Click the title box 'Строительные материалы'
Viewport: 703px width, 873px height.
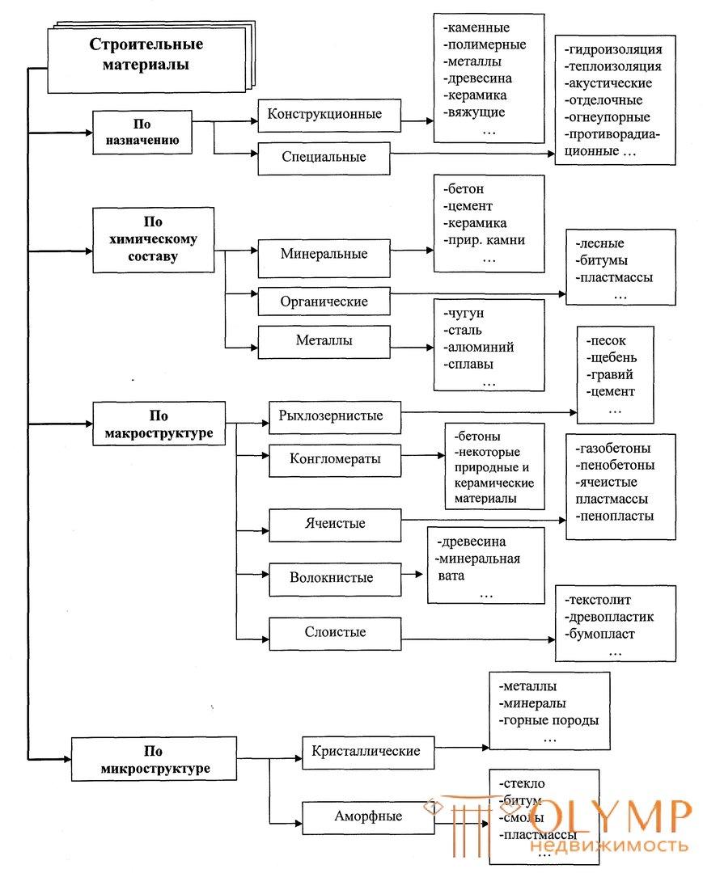click(x=146, y=60)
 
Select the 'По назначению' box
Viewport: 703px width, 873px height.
click(x=142, y=132)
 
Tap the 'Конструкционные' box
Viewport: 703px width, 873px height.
click(x=329, y=116)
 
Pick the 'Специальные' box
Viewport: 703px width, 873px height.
click(x=324, y=158)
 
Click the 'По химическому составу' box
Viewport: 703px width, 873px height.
click(x=153, y=240)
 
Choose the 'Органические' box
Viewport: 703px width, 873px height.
click(x=324, y=302)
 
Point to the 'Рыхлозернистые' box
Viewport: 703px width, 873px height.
click(x=335, y=417)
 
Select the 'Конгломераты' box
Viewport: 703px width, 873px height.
click(x=335, y=460)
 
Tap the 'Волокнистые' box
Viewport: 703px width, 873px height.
click(x=335, y=580)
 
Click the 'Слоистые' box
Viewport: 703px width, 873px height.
click(x=335, y=634)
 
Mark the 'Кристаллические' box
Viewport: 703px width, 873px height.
click(x=368, y=753)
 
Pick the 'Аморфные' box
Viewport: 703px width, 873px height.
click(x=368, y=817)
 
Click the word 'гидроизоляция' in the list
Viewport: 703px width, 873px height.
click(x=615, y=49)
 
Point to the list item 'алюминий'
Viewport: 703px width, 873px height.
click(x=481, y=348)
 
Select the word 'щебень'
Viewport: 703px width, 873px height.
click(x=613, y=358)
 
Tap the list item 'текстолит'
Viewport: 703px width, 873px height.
click(x=599, y=600)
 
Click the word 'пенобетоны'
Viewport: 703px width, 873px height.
click(x=617, y=466)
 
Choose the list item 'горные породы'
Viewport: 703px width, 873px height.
click(x=550, y=721)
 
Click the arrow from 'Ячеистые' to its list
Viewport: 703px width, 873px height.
click(x=484, y=520)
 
